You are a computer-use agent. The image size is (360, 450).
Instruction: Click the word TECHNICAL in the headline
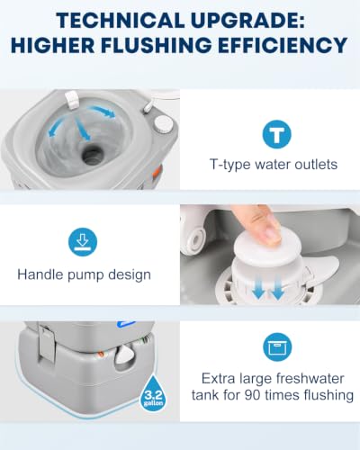(121, 21)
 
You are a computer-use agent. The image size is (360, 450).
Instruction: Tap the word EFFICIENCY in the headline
(283, 45)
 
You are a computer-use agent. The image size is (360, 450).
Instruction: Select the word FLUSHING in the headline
(156, 45)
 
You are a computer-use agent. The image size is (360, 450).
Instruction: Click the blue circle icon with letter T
(276, 134)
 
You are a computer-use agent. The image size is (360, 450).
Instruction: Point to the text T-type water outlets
(274, 165)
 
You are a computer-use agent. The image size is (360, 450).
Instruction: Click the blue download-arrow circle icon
(83, 242)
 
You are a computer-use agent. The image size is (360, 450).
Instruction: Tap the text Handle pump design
(84, 274)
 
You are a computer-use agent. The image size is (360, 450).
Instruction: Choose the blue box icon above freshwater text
(277, 347)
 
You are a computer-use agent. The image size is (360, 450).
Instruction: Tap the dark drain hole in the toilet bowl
(94, 154)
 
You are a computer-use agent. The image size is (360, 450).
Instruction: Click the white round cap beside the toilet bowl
(164, 124)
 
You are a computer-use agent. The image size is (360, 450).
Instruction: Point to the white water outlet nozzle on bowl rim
(72, 100)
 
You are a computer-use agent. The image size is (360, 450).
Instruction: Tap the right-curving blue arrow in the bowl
(102, 112)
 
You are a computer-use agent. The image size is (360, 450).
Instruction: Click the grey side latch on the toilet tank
(47, 344)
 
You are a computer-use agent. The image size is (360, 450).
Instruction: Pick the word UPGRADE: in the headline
(247, 21)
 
